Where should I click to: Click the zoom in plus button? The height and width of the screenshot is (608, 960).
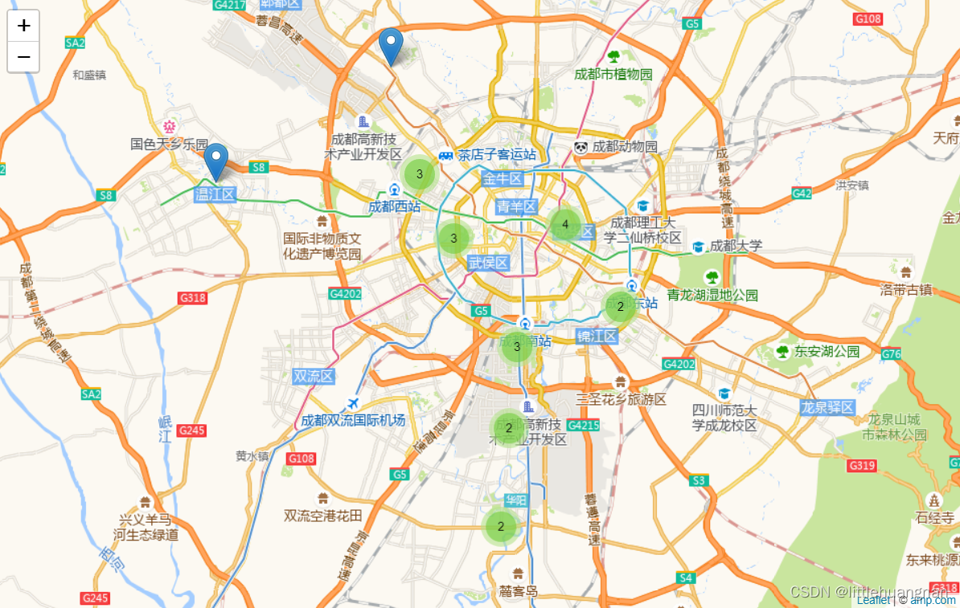[x=23, y=26]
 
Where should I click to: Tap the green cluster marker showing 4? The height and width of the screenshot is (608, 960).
[x=565, y=224]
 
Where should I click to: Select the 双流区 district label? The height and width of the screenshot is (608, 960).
[x=314, y=376]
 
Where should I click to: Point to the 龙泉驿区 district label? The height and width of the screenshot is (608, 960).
[x=827, y=408]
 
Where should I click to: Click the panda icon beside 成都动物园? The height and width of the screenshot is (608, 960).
[x=581, y=147]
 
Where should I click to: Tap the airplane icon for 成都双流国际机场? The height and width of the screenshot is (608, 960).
[x=352, y=403]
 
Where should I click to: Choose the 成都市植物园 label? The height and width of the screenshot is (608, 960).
[x=613, y=74]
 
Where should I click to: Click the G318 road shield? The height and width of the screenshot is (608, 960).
[x=193, y=298]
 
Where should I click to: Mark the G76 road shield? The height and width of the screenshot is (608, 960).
[x=891, y=354]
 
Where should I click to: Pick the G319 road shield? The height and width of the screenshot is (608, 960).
[x=862, y=466]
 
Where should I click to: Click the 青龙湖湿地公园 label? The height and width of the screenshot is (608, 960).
[x=712, y=295]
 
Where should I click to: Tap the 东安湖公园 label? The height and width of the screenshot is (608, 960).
[x=827, y=352]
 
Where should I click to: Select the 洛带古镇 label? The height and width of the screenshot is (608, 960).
[x=906, y=290]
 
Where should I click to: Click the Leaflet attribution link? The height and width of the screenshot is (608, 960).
[x=873, y=600]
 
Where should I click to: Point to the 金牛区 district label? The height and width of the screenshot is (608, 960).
[x=503, y=178]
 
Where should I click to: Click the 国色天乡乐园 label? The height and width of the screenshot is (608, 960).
[x=170, y=144]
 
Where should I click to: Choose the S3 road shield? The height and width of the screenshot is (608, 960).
[x=699, y=480]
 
